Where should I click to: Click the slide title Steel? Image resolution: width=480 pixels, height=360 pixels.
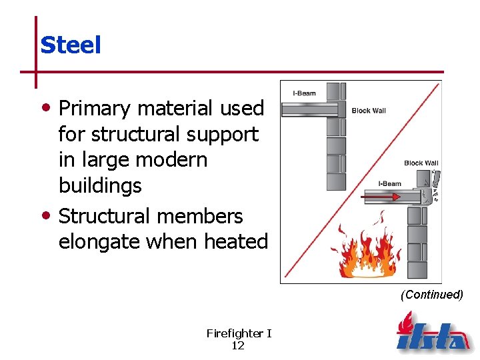70,45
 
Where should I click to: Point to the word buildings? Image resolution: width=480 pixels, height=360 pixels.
100,185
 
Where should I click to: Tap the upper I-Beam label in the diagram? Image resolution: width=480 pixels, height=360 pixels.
305,93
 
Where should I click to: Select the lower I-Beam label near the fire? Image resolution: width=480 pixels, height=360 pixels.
389,184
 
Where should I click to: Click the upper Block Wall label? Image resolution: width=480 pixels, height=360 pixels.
369,111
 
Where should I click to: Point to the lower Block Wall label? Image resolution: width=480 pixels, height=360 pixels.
421,163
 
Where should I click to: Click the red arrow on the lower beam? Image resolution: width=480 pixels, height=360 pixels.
381,197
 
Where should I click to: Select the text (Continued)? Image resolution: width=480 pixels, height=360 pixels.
431,295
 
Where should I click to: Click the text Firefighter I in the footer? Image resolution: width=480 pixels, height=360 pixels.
239,333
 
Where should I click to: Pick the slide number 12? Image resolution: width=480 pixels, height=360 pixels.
237,345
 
